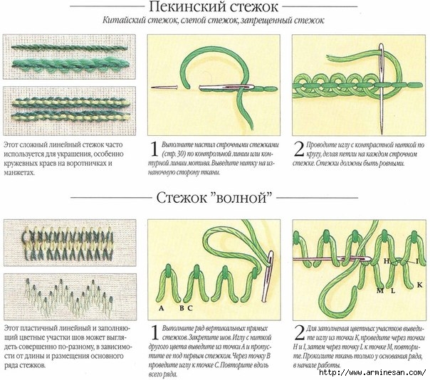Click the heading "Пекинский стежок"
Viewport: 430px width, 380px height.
214,8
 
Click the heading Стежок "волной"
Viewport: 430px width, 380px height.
214,196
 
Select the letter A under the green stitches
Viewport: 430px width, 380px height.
162,308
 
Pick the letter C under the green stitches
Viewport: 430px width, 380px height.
191,308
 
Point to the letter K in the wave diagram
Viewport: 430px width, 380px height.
418,284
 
